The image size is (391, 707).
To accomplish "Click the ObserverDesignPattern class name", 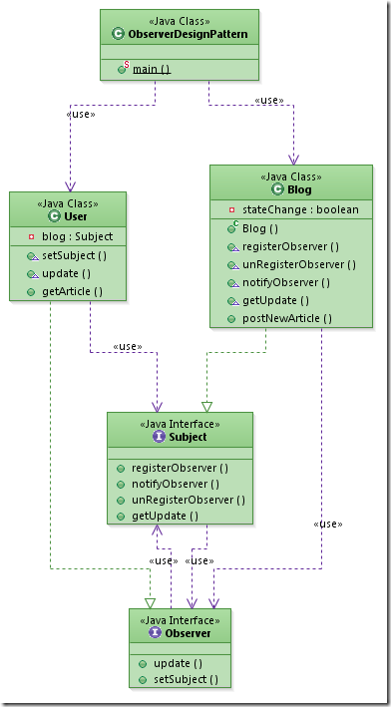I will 187,35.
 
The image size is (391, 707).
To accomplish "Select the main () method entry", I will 152,69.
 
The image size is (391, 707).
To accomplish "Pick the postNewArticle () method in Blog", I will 287,318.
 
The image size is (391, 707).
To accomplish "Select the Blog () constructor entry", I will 261,228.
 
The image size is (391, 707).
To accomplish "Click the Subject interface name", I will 188,437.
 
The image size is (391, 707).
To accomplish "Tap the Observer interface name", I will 187,632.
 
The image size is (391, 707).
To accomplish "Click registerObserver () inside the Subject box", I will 180,468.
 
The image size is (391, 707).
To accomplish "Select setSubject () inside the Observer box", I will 185,679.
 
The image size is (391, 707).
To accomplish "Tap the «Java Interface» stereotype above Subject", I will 181,424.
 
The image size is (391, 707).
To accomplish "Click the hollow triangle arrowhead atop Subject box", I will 206,407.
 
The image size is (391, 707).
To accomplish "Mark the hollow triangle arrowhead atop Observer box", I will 150,602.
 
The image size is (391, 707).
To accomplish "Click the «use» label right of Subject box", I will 327,524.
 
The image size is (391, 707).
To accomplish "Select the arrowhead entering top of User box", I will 69,186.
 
